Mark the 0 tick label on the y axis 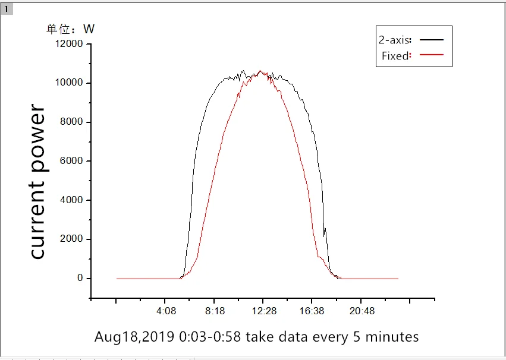point(80,279)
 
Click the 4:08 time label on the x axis point(166,311)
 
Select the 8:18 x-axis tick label point(215,311)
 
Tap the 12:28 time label point(263,311)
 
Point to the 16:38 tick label point(312,311)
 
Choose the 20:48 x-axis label point(362,311)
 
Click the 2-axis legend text point(394,40)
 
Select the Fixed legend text point(395,56)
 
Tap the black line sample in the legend point(432,39)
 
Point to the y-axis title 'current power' point(37,182)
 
